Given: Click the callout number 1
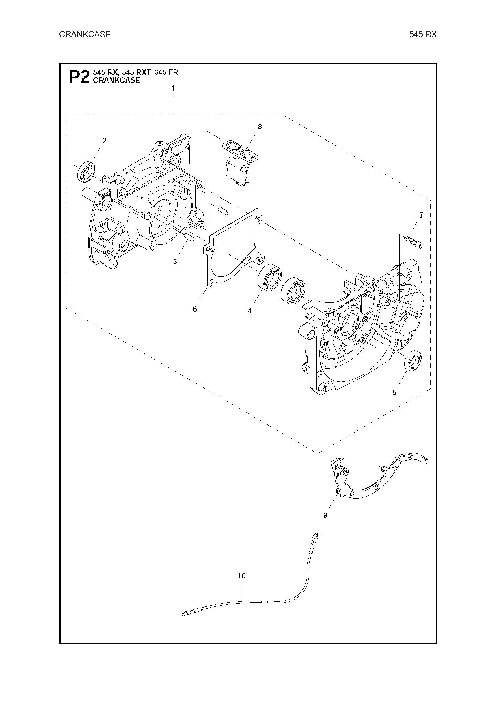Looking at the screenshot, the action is tap(173, 88).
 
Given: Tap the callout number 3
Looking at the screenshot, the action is tap(175, 262).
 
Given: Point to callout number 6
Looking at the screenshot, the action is tap(195, 309).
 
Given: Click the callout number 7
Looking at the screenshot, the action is tap(421, 215).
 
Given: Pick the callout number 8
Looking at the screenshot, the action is tap(260, 127).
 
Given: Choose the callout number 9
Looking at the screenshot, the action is tap(325, 516).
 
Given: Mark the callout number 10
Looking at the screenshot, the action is tap(242, 576).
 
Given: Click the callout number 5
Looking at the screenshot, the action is tap(394, 393).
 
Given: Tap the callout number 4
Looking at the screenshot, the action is tap(250, 311).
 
